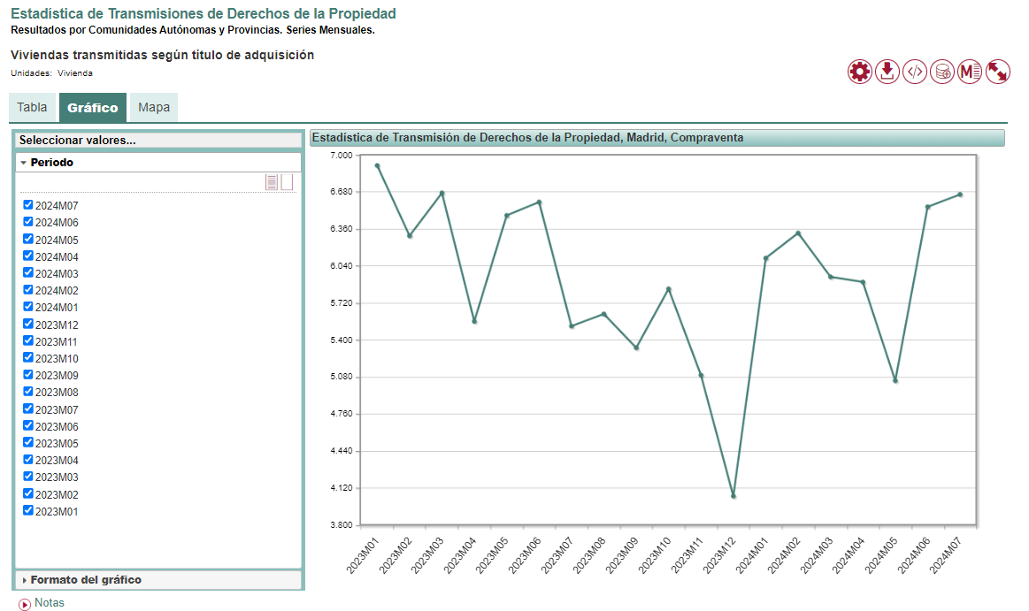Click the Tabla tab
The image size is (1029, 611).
[33, 108]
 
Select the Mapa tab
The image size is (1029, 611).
[154, 108]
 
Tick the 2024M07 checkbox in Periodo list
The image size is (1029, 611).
[28, 205]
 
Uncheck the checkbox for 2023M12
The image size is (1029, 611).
[28, 324]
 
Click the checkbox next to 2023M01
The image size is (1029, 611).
[28, 510]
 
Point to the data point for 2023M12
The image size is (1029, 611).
[733, 496]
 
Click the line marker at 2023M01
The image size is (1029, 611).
[377, 165]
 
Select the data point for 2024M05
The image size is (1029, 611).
[895, 381]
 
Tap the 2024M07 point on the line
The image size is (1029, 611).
[960, 195]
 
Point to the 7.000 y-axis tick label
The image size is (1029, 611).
[341, 156]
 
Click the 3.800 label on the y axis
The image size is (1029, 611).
[341, 525]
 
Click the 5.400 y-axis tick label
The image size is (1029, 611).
[341, 340]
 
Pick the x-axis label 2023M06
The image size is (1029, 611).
[526, 555]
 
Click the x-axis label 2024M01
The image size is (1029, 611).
[752, 555]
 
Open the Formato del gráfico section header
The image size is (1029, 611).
[86, 580]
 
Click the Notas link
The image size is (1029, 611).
[49, 603]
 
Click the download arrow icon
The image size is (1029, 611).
[887, 72]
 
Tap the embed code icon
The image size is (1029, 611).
[915, 72]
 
